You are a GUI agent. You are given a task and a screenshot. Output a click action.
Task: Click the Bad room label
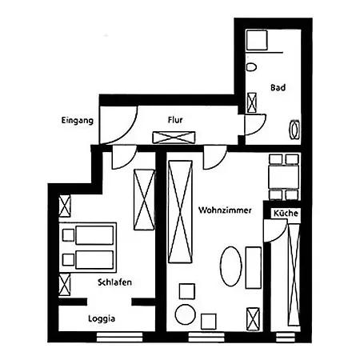coord(278,87)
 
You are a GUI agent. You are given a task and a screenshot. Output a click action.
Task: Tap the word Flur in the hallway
coord(175,120)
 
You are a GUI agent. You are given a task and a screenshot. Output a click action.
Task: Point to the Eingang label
coord(78,121)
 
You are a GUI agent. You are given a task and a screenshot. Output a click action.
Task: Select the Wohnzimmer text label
coord(225,210)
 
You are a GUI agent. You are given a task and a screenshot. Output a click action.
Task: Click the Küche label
coord(286,213)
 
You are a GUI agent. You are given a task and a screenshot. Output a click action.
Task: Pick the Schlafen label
coord(114,282)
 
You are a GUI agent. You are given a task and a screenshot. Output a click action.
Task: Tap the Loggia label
coord(102,318)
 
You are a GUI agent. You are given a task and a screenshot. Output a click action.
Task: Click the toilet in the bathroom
coord(251,67)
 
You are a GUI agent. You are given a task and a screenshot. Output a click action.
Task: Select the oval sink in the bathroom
coord(294,130)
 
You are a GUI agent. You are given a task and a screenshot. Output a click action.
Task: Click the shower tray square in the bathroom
coord(257,40)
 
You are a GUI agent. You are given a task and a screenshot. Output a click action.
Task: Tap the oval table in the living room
coord(230,266)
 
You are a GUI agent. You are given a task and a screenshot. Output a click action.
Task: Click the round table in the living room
coord(186,314)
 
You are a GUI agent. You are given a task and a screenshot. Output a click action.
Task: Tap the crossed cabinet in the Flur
coord(174,138)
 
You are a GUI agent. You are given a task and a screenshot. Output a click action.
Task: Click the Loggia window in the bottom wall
coord(119,337)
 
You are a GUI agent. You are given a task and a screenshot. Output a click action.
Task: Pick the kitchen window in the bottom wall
coord(286,337)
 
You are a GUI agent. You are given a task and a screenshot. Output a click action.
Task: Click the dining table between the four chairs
coord(284,177)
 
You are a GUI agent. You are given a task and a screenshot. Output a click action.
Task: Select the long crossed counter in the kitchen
coord(294,274)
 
